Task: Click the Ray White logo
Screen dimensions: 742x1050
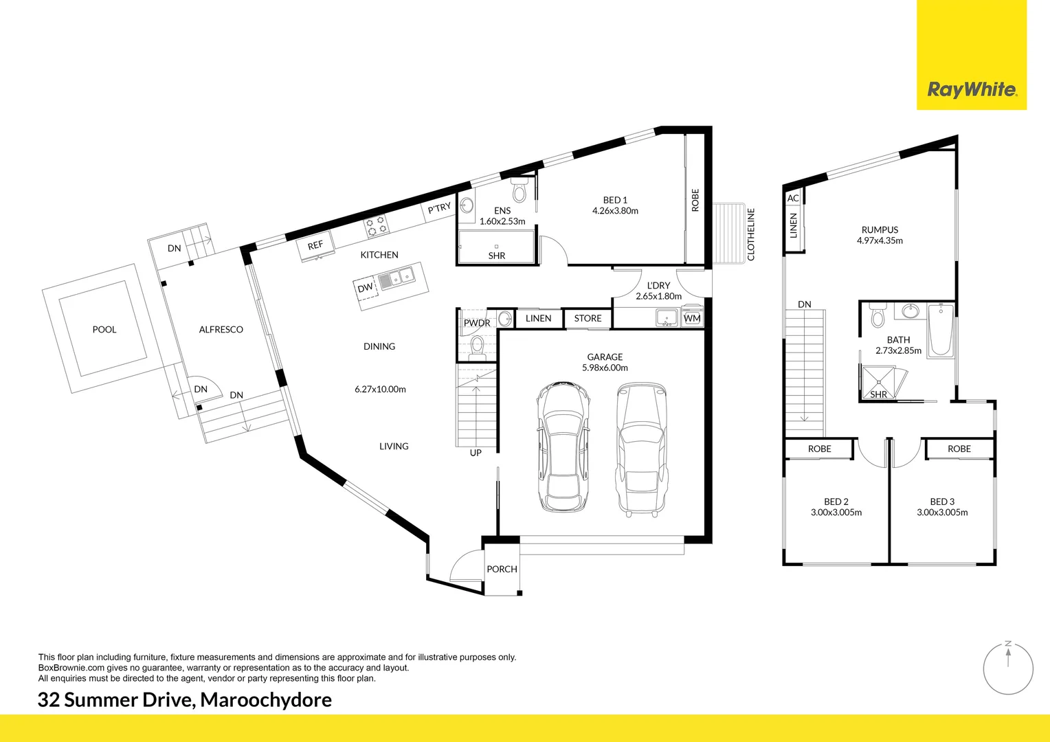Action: (972, 89)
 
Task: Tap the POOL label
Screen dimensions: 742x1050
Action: (104, 330)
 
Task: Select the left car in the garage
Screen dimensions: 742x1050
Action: (563, 448)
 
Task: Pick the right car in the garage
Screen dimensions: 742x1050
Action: (641, 449)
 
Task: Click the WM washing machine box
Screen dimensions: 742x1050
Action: (692, 318)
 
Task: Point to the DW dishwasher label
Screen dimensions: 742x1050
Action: (365, 288)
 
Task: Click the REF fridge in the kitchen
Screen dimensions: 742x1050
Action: (315, 245)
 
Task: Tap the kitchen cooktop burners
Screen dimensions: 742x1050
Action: (376, 226)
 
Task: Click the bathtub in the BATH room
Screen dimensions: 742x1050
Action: (941, 331)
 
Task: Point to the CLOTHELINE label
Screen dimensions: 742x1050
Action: (751, 234)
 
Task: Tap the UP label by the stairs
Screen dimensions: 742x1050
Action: (476, 453)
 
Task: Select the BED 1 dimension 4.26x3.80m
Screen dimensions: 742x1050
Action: (615, 211)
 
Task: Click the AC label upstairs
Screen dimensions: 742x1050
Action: (793, 198)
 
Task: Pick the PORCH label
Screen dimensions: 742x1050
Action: (502, 569)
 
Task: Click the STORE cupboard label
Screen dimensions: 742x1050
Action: (588, 318)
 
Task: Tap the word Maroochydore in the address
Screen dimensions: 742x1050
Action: (266, 699)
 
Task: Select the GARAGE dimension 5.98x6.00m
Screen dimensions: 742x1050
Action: (605, 368)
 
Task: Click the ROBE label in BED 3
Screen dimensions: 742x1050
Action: (959, 449)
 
